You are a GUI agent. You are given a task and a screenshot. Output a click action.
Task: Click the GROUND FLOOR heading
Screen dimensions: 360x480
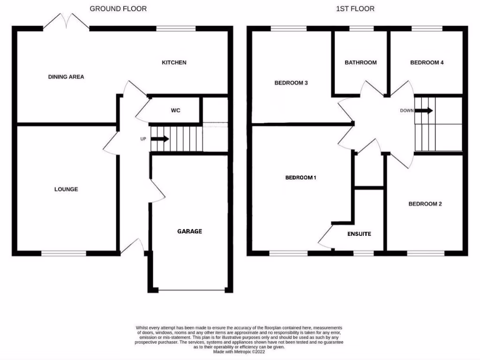118,8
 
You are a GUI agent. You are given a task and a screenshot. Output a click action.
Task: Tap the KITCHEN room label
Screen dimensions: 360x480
174,62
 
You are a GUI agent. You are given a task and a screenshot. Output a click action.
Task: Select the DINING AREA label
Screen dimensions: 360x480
66,76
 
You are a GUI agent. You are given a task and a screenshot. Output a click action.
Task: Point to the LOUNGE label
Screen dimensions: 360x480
66,189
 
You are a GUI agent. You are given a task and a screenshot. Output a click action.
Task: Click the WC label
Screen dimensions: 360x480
175,111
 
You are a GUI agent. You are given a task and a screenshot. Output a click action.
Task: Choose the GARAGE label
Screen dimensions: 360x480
189,231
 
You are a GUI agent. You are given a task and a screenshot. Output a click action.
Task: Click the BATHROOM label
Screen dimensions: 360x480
360,62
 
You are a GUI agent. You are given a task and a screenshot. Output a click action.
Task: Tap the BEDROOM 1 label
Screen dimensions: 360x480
301,178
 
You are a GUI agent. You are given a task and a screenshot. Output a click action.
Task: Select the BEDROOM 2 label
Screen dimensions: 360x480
425,204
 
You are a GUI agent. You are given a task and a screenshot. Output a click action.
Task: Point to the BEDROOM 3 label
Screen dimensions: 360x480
291,83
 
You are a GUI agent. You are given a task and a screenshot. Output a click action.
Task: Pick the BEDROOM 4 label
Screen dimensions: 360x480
427,62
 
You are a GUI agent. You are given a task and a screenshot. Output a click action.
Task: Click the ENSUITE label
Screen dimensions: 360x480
359,233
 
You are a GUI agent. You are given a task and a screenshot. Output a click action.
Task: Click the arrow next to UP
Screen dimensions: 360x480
160,139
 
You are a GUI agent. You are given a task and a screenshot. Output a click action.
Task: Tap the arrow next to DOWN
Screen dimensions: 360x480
424,111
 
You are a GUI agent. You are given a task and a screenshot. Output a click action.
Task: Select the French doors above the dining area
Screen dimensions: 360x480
66,22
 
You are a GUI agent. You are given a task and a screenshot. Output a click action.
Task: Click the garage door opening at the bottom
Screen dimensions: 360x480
192,291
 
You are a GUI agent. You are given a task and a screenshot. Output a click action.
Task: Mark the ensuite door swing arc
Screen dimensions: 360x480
325,237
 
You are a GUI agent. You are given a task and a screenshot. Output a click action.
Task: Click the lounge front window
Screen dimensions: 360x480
64,254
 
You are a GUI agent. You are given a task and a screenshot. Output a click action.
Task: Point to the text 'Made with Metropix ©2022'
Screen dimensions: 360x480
239,352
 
